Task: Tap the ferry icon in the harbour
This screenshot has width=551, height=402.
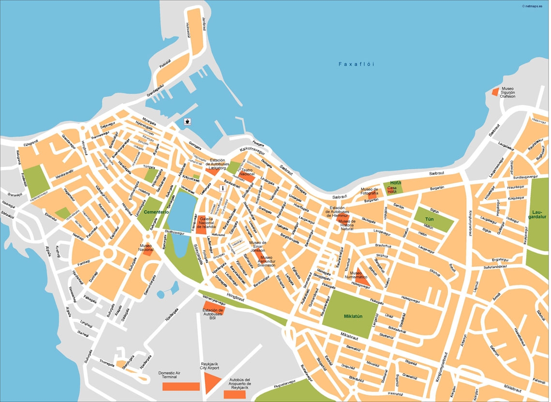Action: tap(187, 121)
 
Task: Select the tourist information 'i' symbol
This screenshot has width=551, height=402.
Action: tap(222, 188)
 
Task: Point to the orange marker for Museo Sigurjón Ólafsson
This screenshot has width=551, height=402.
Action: tap(494, 91)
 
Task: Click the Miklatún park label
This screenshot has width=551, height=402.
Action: tap(353, 316)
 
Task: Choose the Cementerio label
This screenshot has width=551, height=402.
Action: tap(156, 212)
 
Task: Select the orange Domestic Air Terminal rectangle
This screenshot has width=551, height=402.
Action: tap(181, 386)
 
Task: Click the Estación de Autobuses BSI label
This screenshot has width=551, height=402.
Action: tap(212, 314)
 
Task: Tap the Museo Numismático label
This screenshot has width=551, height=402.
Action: tap(356, 276)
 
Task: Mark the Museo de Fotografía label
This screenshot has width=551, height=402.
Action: tap(369, 191)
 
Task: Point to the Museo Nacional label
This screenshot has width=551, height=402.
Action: tap(146, 248)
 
